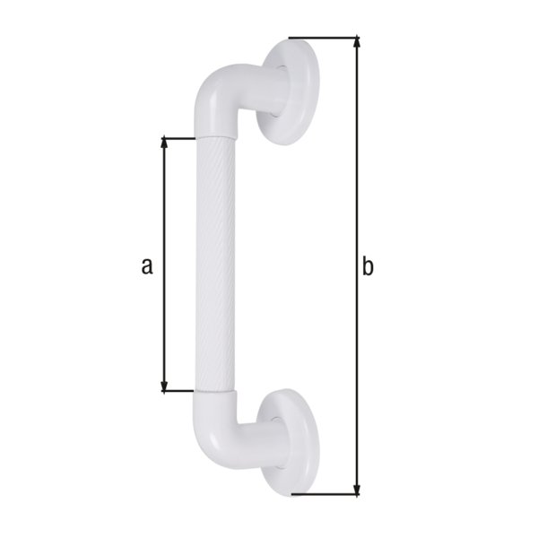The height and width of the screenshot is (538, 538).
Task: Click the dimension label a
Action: point(148,265)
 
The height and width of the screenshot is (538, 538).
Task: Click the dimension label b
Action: point(368,265)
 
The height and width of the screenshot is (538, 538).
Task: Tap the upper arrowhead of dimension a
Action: point(164,143)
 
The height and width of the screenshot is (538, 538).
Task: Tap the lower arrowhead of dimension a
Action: point(164,386)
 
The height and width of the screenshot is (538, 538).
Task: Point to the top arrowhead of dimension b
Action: point(357,42)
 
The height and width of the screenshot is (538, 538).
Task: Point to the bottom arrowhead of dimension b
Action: point(357,489)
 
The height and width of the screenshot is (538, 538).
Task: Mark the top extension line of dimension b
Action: point(323,38)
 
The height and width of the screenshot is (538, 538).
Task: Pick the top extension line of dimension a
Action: point(179,138)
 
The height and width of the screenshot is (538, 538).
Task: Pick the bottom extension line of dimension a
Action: point(179,391)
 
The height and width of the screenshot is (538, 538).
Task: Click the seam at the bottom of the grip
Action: point(216,394)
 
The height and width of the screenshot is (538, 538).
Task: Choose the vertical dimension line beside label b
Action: point(357,179)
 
